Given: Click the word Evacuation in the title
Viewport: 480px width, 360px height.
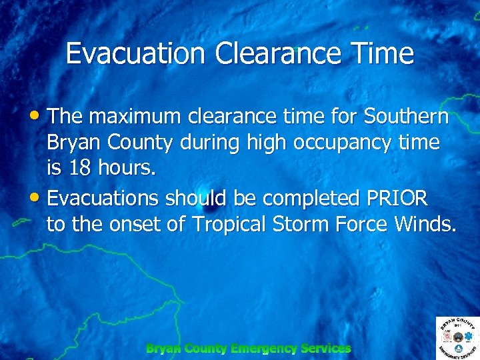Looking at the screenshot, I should (x=136, y=54).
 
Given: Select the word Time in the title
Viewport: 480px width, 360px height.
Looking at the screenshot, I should (x=385, y=54).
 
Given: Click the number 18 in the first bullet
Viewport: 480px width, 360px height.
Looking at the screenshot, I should (x=80, y=169).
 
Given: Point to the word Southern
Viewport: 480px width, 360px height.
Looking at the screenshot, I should (x=406, y=117).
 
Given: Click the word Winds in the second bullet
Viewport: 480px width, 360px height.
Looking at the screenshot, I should (x=425, y=225).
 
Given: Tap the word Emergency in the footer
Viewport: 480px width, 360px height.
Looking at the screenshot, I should (x=263, y=348).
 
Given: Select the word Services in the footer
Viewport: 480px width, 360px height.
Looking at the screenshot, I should (x=325, y=348).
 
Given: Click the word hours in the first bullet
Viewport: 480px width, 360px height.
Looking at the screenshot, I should (x=128, y=169).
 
